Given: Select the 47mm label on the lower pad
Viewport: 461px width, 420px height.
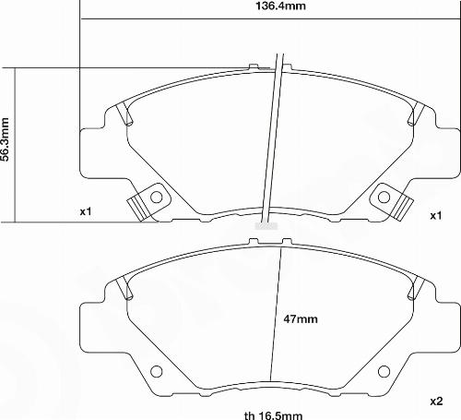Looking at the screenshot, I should pos(300,319).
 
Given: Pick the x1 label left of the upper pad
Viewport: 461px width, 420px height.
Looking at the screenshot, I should pos(86,212).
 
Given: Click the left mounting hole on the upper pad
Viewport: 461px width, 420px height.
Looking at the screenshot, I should pos(156,197).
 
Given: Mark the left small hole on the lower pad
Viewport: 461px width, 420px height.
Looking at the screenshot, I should pos(155,372).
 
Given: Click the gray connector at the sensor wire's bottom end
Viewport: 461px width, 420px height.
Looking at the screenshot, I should pos(264,223).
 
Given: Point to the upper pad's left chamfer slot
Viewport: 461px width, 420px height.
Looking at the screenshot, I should pos(124,115).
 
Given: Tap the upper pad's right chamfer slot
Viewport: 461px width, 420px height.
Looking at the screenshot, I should pos(416,115).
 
